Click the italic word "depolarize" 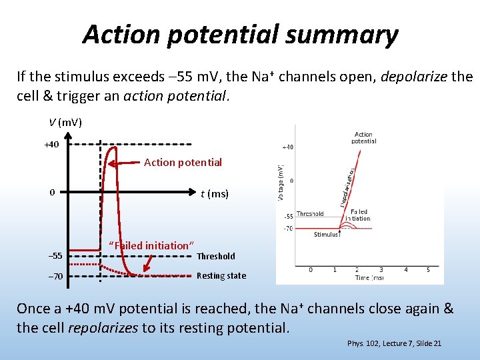click(x=414, y=77)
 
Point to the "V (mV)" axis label click(x=65, y=122)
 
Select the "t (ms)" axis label click(x=214, y=194)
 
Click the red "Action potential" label click(x=183, y=162)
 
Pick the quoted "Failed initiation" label click(x=151, y=245)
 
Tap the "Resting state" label click(x=221, y=275)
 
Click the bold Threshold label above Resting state click(x=215, y=256)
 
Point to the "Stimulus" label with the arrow click(x=327, y=234)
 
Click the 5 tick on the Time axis click(x=428, y=270)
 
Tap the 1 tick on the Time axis click(x=335, y=270)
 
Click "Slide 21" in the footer click(x=427, y=343)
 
